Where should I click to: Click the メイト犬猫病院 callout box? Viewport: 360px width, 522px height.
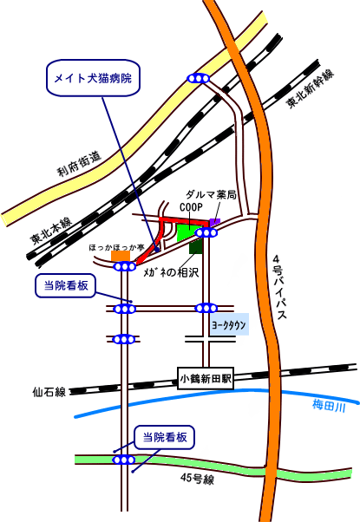point(93,78)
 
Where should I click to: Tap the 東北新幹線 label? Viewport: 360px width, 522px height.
point(311,88)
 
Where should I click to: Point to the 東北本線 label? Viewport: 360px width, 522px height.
point(50,231)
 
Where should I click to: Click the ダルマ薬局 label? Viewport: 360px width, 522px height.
point(211,195)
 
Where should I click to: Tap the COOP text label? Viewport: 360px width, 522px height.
point(191,207)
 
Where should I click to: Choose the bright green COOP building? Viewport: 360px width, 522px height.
point(187,232)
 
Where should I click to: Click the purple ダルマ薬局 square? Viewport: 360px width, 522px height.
point(215,222)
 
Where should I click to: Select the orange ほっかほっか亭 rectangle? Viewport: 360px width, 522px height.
point(121,256)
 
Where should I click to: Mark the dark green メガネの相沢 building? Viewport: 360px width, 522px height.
point(196,246)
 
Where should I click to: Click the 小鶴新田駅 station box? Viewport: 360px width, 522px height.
point(206,379)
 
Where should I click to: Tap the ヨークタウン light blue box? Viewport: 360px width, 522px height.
point(229,324)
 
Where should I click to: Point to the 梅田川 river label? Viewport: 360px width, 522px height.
point(329,406)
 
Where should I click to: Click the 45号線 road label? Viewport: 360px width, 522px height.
point(198,479)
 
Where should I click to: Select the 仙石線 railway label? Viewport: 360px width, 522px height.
point(49,392)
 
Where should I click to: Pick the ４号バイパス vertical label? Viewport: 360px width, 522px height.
point(279,287)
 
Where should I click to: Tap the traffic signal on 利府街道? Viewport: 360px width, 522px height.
point(199,78)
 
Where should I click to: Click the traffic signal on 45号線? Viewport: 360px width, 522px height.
point(124,460)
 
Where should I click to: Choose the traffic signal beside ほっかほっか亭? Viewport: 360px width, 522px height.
point(125,267)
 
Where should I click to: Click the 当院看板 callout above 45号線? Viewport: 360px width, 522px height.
point(164,437)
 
